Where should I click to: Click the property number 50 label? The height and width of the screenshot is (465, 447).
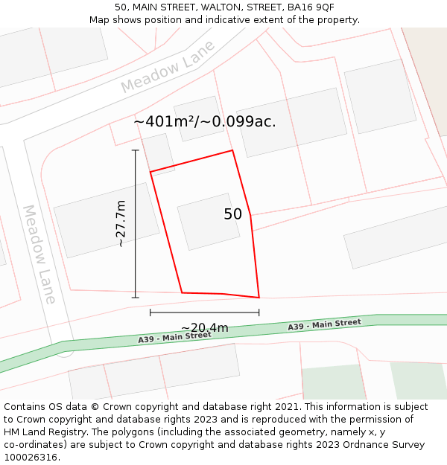tap(232, 214)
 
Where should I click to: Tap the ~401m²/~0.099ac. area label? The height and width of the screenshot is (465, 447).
tap(205, 122)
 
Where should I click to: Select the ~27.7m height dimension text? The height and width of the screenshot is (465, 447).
tap(121, 223)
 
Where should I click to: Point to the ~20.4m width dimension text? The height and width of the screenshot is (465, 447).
tap(204, 328)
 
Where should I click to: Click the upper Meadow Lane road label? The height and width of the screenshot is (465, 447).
tap(168, 67)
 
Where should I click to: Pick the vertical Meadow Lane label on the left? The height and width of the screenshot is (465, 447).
tap(39, 254)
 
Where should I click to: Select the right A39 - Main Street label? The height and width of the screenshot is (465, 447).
tap(324, 324)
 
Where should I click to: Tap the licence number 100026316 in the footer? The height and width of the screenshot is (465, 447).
tap(32, 457)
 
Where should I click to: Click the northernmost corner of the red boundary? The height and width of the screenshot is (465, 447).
tap(232, 150)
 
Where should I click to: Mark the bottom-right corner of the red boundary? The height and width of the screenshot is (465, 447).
tap(259, 298)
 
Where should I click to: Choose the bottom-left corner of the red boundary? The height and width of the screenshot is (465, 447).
tap(182, 292)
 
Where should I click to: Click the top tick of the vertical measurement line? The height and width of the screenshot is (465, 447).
tap(135, 150)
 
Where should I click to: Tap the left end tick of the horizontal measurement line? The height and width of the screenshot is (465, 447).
tap(150, 312)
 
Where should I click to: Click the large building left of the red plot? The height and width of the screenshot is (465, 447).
tap(107, 220)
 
